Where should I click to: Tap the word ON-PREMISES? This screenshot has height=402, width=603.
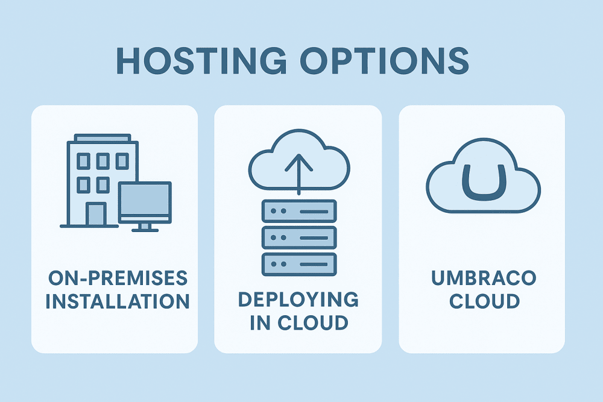pos(118,278)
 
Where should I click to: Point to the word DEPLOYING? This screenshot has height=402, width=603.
pos(298,300)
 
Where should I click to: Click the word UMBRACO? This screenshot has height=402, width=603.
pos(484,278)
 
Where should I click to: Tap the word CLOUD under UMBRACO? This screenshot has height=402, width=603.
pos(484,300)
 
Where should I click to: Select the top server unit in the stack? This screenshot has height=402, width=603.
pos(298,212)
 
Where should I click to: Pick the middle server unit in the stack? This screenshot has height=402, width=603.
pos(298,237)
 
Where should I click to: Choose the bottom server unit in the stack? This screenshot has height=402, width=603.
pos(298,263)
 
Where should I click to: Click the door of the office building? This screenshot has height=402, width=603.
pos(95,213)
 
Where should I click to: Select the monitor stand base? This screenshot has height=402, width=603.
pos(145,228)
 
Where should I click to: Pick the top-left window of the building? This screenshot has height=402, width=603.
pos(84,160)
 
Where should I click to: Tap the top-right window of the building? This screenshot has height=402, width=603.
pos(122,160)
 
